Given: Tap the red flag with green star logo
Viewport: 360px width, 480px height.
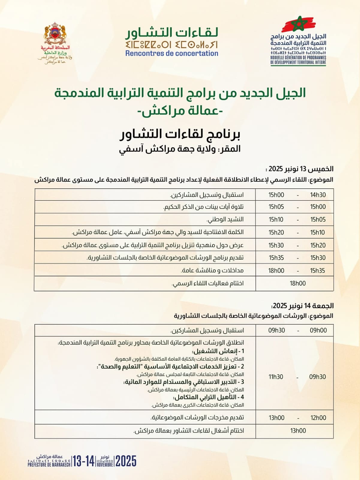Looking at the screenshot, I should pyautogui.click(x=298, y=24).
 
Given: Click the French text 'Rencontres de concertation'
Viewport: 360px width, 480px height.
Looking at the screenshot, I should pyautogui.click(x=172, y=53).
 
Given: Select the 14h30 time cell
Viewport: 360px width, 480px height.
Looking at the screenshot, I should pyautogui.click(x=318, y=195).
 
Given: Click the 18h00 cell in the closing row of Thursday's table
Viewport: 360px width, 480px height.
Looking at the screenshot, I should pyautogui.click(x=298, y=283).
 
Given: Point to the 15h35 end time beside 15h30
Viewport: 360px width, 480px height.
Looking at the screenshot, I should pyautogui.click(x=276, y=258).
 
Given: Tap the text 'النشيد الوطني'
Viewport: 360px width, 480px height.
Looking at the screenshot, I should pyautogui.click(x=225, y=220).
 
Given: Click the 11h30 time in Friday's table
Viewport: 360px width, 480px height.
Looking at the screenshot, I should pyautogui.click(x=276, y=377).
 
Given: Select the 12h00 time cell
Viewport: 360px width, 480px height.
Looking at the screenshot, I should pyautogui.click(x=318, y=418).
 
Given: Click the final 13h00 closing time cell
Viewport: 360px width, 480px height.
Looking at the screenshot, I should pyautogui.click(x=298, y=431).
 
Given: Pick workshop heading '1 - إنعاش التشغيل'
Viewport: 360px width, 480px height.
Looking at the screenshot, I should pyautogui.click(x=218, y=351).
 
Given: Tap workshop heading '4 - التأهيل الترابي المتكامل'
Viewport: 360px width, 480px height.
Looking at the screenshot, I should pyautogui.click(x=209, y=397).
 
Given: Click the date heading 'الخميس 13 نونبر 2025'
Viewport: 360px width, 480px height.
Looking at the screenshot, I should pyautogui.click(x=301, y=169).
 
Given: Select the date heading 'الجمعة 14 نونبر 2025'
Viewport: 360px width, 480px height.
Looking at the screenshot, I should pyautogui.click(x=303, y=306).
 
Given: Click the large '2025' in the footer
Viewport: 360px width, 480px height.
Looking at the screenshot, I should pyautogui.click(x=126, y=461).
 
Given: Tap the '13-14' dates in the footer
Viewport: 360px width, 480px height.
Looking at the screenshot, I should pyautogui.click(x=84, y=461).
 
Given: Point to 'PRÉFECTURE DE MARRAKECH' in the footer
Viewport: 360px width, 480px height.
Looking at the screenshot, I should pyautogui.click(x=49, y=465).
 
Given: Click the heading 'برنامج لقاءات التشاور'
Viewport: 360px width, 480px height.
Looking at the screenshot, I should pyautogui.click(x=180, y=134).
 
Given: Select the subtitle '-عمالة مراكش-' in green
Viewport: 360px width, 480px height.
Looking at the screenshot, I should pyautogui.click(x=180, y=112).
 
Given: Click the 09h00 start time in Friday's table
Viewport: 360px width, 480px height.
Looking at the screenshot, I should pyautogui.click(x=318, y=330).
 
